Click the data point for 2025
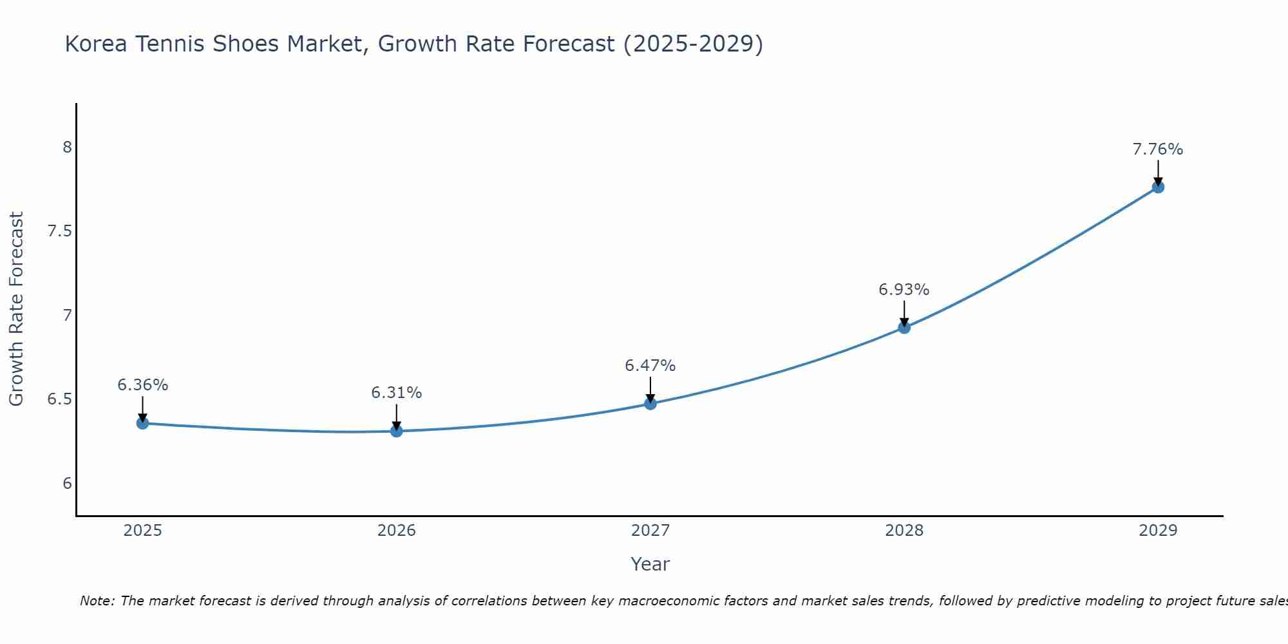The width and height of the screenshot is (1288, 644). (x=142, y=423)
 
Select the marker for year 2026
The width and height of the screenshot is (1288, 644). (x=397, y=431)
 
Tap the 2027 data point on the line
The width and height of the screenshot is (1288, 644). (x=650, y=404)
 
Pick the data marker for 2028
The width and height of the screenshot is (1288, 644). (x=904, y=327)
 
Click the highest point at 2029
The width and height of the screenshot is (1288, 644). (x=1158, y=187)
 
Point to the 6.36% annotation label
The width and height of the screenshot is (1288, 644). (x=142, y=385)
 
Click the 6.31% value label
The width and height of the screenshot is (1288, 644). (x=397, y=393)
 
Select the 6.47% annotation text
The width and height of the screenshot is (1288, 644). (x=650, y=366)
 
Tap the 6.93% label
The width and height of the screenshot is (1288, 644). (x=904, y=290)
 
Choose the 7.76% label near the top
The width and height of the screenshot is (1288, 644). (x=1158, y=149)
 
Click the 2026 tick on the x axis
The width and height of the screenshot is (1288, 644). (x=397, y=531)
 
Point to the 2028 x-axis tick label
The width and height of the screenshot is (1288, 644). (x=904, y=531)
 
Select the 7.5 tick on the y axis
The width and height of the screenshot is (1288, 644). (x=59, y=231)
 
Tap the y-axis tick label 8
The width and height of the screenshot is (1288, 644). (x=67, y=147)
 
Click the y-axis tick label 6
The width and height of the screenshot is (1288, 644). (x=67, y=484)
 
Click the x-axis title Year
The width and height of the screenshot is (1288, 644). (x=650, y=564)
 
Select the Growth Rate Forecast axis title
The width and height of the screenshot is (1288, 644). (x=16, y=309)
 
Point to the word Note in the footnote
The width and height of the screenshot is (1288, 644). (x=97, y=601)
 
